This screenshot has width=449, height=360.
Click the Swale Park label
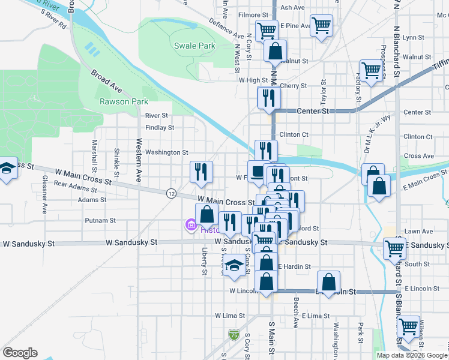pyautogui.click(x=194, y=46)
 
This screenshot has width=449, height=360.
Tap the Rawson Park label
pyautogui.click(x=123, y=101)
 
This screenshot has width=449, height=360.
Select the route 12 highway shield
pyautogui.click(x=172, y=193)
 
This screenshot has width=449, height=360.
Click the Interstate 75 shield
pyautogui.click(x=234, y=334)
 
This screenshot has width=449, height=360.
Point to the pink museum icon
pyautogui.click(x=190, y=226)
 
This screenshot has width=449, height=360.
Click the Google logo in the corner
pyautogui.click(x=20, y=353)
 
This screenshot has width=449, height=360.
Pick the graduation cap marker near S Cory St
pyautogui.click(x=235, y=266)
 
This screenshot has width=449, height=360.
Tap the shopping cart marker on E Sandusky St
pyautogui.click(x=394, y=247)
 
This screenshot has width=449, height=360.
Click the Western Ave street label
pyautogui.click(x=139, y=160)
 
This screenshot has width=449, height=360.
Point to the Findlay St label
pyautogui.click(x=160, y=127)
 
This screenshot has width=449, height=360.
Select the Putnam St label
pyautogui.click(x=95, y=221)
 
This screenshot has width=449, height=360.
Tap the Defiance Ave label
pyautogui.click(x=226, y=27)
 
